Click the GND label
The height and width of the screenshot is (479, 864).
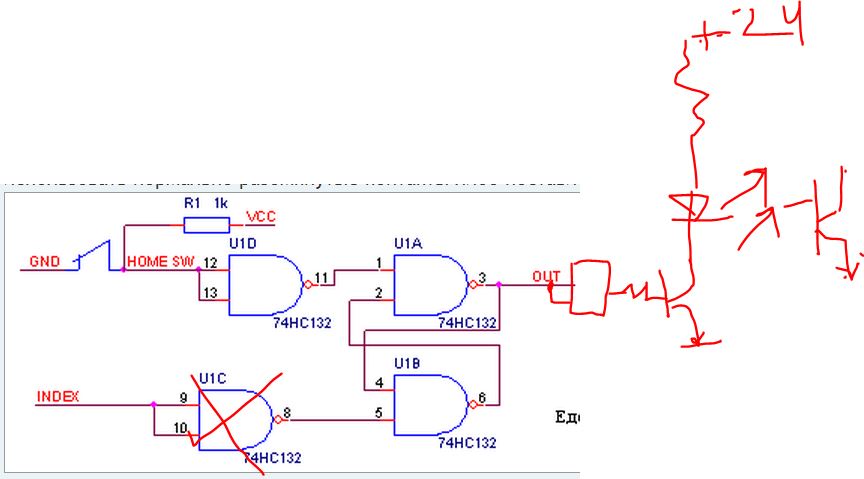click(45, 262)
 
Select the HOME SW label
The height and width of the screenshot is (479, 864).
click(158, 262)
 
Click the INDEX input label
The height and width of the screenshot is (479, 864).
click(57, 396)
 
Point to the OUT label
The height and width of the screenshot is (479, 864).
click(545, 275)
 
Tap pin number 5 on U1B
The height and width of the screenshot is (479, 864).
click(378, 411)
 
